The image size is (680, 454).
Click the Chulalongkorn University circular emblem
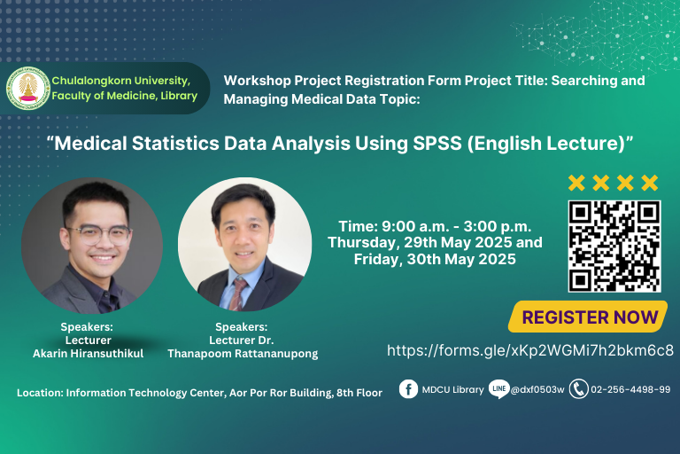[x=28, y=88]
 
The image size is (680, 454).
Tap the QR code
[x=614, y=246]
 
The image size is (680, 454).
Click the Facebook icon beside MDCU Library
[x=408, y=389]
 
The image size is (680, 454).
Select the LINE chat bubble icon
[x=498, y=389]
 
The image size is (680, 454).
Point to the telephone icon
[x=578, y=389]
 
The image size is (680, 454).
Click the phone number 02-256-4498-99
[x=630, y=389]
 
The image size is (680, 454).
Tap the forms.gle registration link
[x=530, y=350]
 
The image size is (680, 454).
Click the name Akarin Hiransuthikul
[x=88, y=354]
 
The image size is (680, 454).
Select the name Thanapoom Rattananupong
[x=243, y=354]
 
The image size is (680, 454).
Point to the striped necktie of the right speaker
[x=238, y=294]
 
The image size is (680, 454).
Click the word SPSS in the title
[x=437, y=144]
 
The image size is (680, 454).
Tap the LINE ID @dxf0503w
[x=537, y=389]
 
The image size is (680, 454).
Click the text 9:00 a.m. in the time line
[x=413, y=226]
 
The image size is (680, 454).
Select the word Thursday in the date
[x=363, y=243]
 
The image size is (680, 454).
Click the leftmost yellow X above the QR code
[x=576, y=183]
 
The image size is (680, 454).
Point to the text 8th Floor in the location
[x=359, y=393]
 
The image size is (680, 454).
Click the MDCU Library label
[x=452, y=389]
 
